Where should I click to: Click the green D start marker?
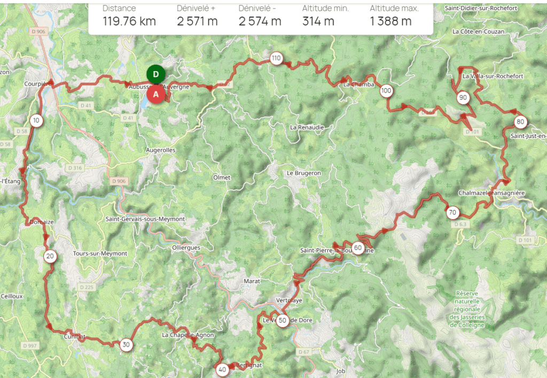pyautogui.click(x=155, y=74)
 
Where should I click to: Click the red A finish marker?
pyautogui.click(x=155, y=94)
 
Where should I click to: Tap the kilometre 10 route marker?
pyautogui.click(x=36, y=120)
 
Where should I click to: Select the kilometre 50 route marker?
pyautogui.click(x=283, y=321)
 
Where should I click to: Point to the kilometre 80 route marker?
pyautogui.click(x=520, y=122)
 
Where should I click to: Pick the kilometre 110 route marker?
pyautogui.click(x=276, y=58)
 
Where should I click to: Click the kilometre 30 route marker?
pyautogui.click(x=126, y=344)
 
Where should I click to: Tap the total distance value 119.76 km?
pyautogui.click(x=129, y=21)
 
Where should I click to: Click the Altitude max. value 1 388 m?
pyautogui.click(x=390, y=21)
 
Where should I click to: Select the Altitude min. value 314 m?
pyautogui.click(x=318, y=21)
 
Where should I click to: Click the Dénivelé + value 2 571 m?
pyautogui.click(x=198, y=21)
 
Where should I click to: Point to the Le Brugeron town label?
pyautogui.click(x=304, y=173)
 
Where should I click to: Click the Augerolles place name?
pyautogui.click(x=161, y=150)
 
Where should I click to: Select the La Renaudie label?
pyautogui.click(x=307, y=127)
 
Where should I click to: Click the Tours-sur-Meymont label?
pyautogui.click(x=100, y=253)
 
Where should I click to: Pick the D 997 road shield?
pyautogui.click(x=31, y=346)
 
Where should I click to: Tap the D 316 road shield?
pyautogui.click(x=75, y=168)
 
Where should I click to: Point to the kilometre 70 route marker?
pyautogui.click(x=452, y=213)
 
